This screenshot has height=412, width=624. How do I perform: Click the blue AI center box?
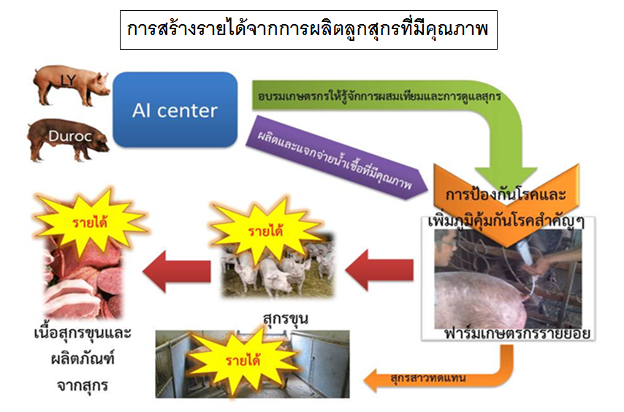pos(175,110)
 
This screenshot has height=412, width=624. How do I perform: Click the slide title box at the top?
pos(308,30)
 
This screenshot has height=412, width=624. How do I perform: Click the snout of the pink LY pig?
pos(107,91)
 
